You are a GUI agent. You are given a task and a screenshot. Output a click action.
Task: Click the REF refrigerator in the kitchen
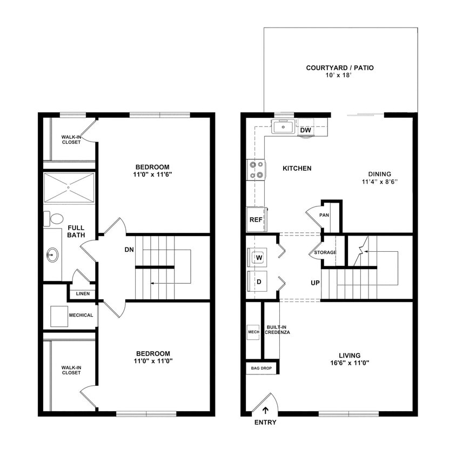256,220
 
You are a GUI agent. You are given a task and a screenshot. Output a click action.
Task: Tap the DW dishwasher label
305,130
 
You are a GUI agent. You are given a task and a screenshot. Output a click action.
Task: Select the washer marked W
259,258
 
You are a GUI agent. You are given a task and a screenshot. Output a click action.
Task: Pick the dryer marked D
259,281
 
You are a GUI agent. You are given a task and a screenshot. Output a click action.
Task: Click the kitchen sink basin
283,128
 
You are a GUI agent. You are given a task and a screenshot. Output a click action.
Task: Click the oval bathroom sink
52,253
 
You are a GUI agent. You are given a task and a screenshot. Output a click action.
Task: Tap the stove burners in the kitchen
257,169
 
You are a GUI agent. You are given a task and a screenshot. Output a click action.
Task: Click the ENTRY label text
265,422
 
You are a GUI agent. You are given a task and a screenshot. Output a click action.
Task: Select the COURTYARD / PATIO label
340,68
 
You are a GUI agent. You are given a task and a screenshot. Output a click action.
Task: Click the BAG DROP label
262,368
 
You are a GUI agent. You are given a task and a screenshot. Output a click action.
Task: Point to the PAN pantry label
324,215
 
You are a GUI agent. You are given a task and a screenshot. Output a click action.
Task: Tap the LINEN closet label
83,294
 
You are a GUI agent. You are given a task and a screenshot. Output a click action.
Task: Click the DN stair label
129,250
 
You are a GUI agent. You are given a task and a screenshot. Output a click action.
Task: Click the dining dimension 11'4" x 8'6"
380,182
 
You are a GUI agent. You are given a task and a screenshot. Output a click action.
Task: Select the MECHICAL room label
81,316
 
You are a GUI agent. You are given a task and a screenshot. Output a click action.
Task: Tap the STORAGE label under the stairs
325,252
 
